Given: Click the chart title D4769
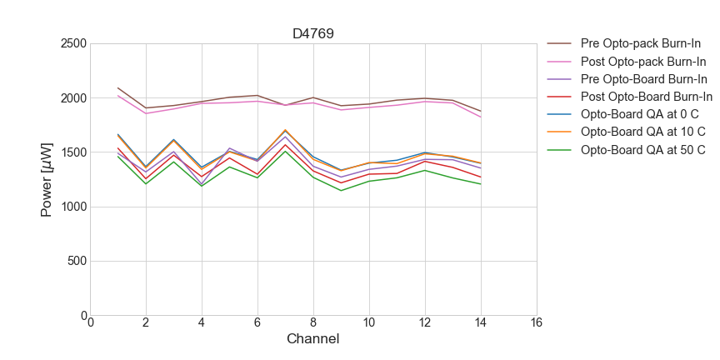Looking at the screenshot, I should click(x=312, y=34).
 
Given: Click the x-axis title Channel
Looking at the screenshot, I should click(x=312, y=339).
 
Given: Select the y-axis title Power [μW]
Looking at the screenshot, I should click(x=47, y=179).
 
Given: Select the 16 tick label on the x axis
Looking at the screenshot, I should click(x=536, y=323).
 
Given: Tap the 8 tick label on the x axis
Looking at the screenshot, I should click(x=313, y=323).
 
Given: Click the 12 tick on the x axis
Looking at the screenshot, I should click(x=425, y=323).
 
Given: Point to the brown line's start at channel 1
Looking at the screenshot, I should click(x=118, y=87).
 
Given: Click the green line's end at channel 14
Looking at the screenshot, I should click(x=481, y=184).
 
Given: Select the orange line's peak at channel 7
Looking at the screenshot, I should click(x=285, y=130).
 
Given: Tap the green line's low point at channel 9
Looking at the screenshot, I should click(x=341, y=191).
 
